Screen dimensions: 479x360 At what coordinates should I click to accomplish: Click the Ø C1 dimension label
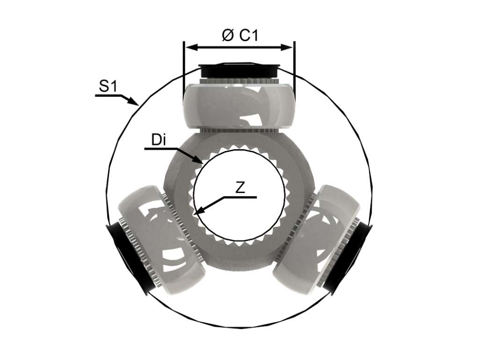point(240,35)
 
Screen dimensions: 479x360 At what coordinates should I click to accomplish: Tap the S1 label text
point(108,86)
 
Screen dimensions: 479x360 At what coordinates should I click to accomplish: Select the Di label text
point(159,140)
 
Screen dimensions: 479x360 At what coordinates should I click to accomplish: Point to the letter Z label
point(240,188)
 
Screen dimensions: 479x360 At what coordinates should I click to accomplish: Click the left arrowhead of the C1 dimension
point(191,47)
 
